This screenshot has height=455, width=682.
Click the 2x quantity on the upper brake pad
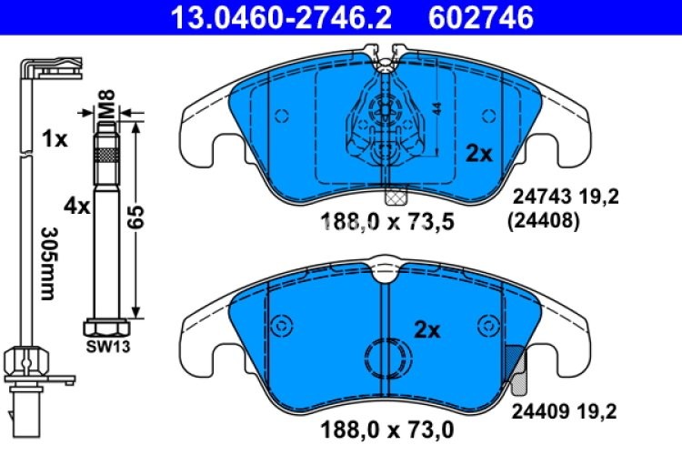click(478, 155)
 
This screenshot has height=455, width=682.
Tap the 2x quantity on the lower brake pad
click(427, 330)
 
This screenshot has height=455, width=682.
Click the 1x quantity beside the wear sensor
click(55, 139)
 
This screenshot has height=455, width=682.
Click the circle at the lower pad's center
click(386, 357)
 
